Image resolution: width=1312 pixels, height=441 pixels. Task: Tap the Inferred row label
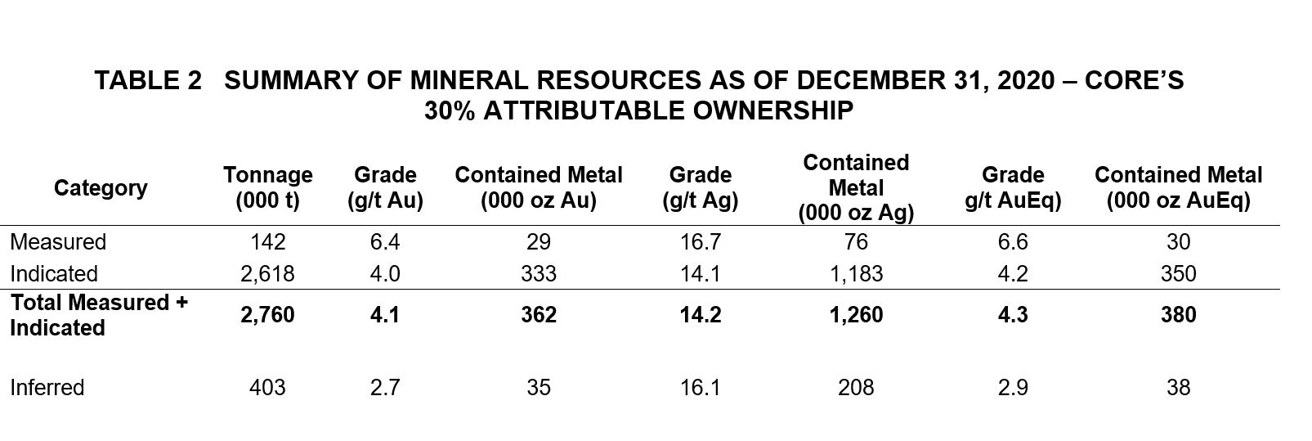click(47, 387)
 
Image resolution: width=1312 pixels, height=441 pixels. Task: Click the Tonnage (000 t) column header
click(267, 188)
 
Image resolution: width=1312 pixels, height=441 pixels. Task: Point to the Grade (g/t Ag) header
click(700, 188)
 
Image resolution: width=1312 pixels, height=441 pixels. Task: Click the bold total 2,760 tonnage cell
click(267, 315)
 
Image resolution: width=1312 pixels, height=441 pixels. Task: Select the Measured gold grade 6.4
click(384, 242)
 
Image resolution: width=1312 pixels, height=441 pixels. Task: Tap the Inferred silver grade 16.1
click(700, 387)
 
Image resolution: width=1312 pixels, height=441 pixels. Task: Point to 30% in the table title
click(450, 110)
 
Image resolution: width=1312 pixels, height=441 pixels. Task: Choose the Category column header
click(101, 188)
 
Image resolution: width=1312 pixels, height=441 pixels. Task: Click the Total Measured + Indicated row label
click(99, 315)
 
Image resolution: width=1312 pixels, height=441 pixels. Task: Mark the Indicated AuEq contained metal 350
click(1178, 273)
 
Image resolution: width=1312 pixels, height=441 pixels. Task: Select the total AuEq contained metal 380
click(1178, 315)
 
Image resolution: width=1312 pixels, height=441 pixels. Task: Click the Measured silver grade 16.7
click(700, 242)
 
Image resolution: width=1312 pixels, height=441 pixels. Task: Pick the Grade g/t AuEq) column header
click(1013, 188)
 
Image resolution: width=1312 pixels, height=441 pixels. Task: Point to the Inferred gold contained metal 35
click(539, 387)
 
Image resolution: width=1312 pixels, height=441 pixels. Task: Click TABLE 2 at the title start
click(148, 80)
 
